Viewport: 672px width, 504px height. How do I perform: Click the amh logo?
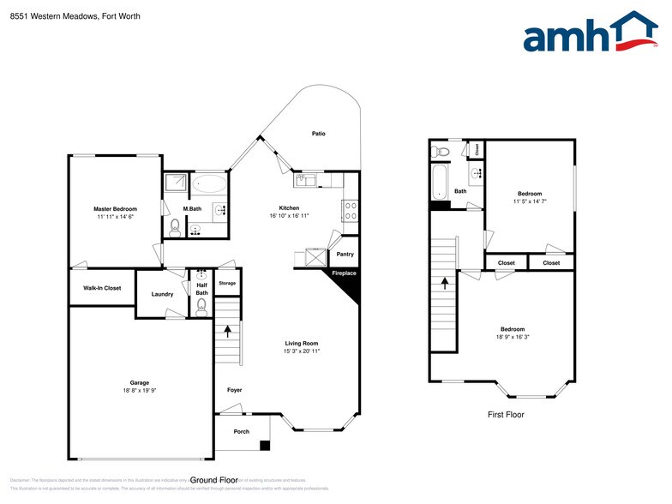point(591,33)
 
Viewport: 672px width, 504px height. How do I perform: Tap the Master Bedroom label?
point(115,209)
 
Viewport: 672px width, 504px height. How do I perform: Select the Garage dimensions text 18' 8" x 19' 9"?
point(140,390)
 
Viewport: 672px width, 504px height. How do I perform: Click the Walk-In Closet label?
point(102,288)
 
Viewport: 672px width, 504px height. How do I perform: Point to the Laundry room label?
point(163,294)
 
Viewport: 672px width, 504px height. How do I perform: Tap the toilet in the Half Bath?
point(201,311)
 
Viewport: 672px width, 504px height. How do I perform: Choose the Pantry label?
point(345,254)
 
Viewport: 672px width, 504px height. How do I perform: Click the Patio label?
point(318,134)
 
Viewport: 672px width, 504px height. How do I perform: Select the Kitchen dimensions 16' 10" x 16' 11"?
point(289,216)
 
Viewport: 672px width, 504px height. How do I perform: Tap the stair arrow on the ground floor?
point(227,330)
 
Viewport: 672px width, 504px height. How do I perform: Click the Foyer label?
point(234,390)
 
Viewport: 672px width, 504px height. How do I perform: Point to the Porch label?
point(242,431)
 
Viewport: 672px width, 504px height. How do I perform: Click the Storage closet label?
point(226,283)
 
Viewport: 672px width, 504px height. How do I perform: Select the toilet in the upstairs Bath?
point(441,152)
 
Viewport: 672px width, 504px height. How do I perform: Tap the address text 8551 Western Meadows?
point(52,16)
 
